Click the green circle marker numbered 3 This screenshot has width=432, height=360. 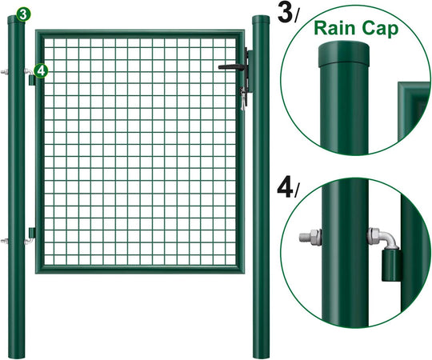23,14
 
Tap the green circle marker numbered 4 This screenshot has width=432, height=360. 41,71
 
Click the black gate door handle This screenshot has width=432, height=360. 231,66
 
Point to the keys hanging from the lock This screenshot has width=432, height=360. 242,98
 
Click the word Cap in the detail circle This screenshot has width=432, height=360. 380,29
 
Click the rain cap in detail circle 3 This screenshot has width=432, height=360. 343,54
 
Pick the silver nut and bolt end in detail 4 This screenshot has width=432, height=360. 310,238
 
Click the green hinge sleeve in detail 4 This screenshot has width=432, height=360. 391,265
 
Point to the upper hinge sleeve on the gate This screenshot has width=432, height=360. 32,80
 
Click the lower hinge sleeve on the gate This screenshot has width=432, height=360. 32,233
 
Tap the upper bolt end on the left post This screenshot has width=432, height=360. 4,72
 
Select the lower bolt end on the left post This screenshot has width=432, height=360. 4,242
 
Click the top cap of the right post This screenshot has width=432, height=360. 261,20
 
